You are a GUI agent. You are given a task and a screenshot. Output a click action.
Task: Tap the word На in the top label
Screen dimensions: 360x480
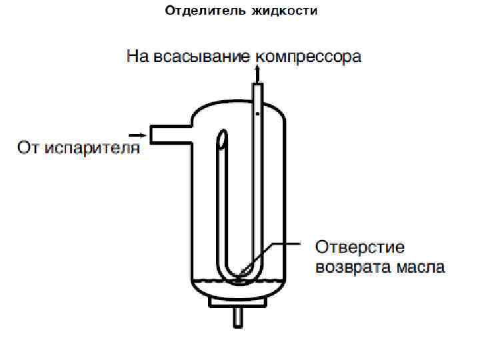pyautogui.click(x=137, y=57)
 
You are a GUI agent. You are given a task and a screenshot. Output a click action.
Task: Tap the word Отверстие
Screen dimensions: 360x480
pyautogui.click(x=360, y=247)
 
